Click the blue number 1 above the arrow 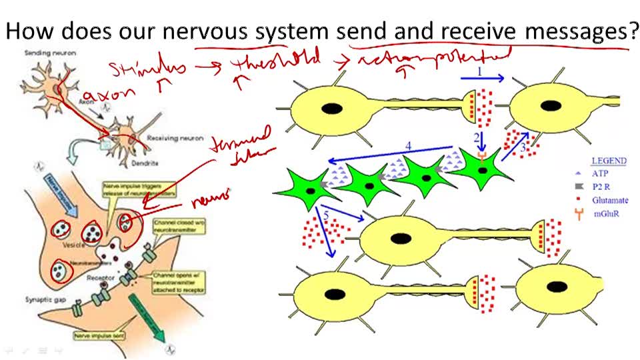coord(479,69)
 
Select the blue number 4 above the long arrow coord(409,147)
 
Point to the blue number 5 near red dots coord(326,215)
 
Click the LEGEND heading coord(609,161)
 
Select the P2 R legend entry coord(603,187)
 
